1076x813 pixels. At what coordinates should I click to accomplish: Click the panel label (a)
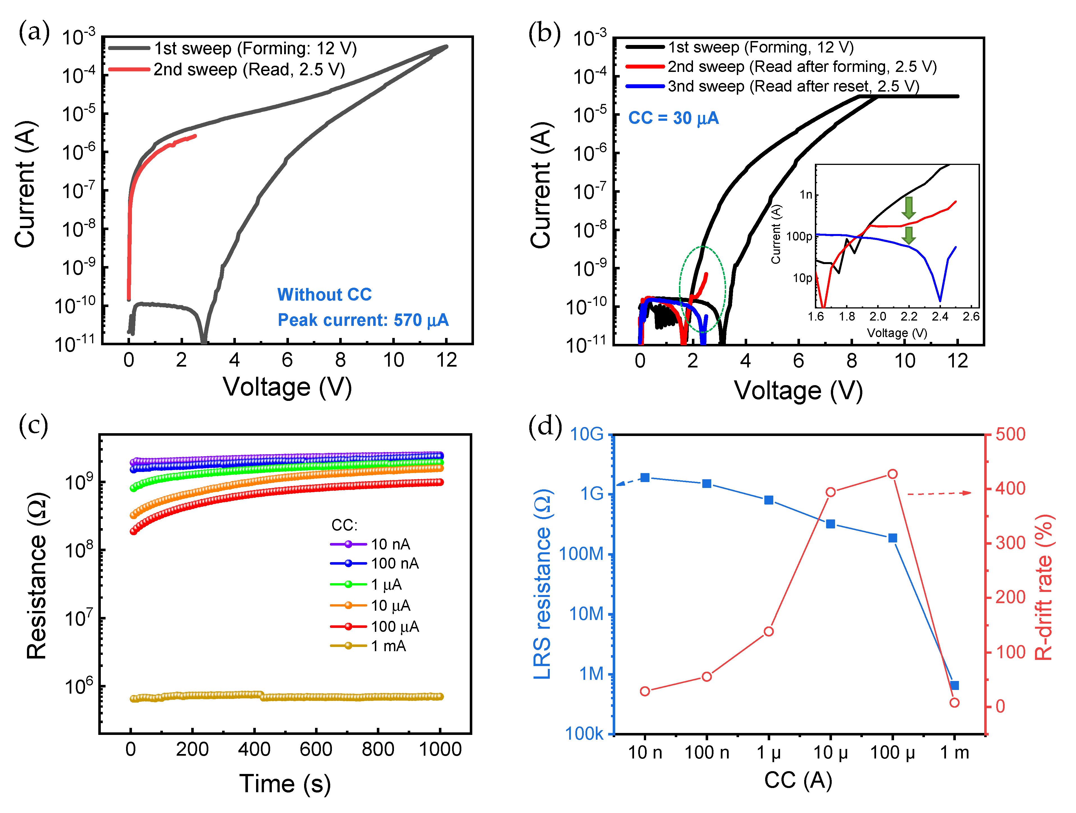(x=34, y=33)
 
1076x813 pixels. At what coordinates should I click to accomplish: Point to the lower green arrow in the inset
(x=908, y=235)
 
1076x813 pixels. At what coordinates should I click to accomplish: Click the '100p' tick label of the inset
(x=799, y=237)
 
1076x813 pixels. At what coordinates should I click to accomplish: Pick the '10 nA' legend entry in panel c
(x=390, y=544)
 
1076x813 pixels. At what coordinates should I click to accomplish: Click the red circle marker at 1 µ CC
(x=769, y=632)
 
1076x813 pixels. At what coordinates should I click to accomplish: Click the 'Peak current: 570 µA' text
(x=363, y=320)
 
